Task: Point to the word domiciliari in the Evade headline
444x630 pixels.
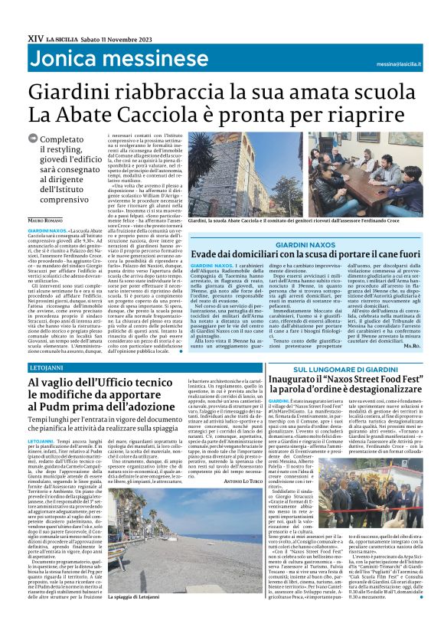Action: (x=250, y=253)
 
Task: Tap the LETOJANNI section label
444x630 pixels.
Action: (x=46, y=368)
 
